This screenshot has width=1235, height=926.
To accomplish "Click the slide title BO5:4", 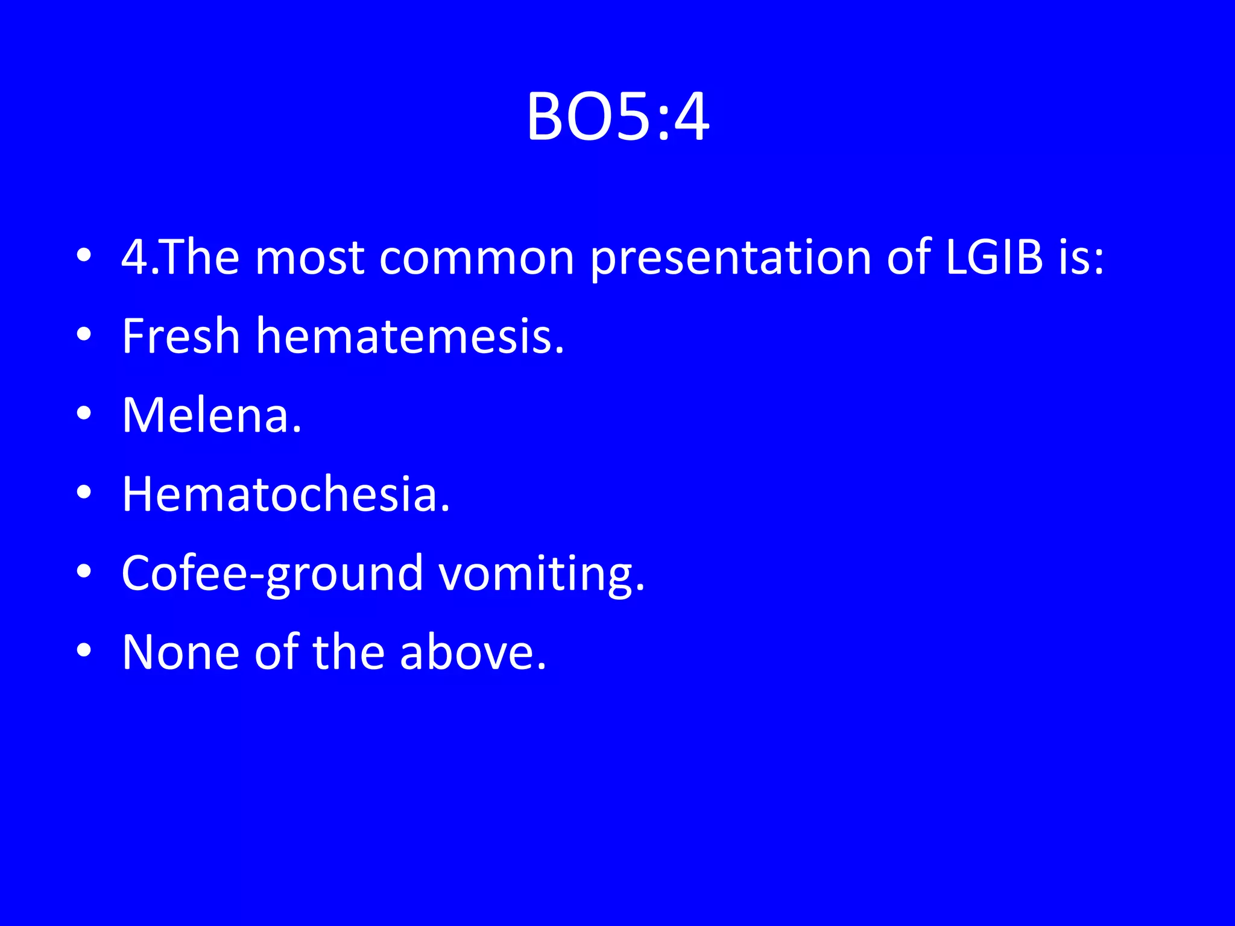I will point(617,117).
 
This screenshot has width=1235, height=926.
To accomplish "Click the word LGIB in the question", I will point(994,257).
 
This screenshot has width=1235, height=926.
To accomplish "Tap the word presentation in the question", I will point(730,259).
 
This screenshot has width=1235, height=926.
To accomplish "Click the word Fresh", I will point(181,336).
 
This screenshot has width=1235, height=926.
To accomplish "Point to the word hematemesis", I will point(410,336).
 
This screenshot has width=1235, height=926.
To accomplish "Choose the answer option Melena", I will point(211,415).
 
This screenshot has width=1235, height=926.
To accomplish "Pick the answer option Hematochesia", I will point(286,494).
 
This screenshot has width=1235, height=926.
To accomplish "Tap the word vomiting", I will point(541,574).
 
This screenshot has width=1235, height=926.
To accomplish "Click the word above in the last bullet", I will point(473,652).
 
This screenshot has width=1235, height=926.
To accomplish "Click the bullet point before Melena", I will point(84,414).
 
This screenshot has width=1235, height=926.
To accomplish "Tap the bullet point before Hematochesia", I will point(84,493).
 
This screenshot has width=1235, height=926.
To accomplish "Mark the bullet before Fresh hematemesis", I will point(84,334).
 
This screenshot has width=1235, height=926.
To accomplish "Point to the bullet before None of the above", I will point(84,650).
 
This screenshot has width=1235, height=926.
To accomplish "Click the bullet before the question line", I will point(84,255).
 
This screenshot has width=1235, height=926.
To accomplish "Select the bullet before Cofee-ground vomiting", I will point(84,572).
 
